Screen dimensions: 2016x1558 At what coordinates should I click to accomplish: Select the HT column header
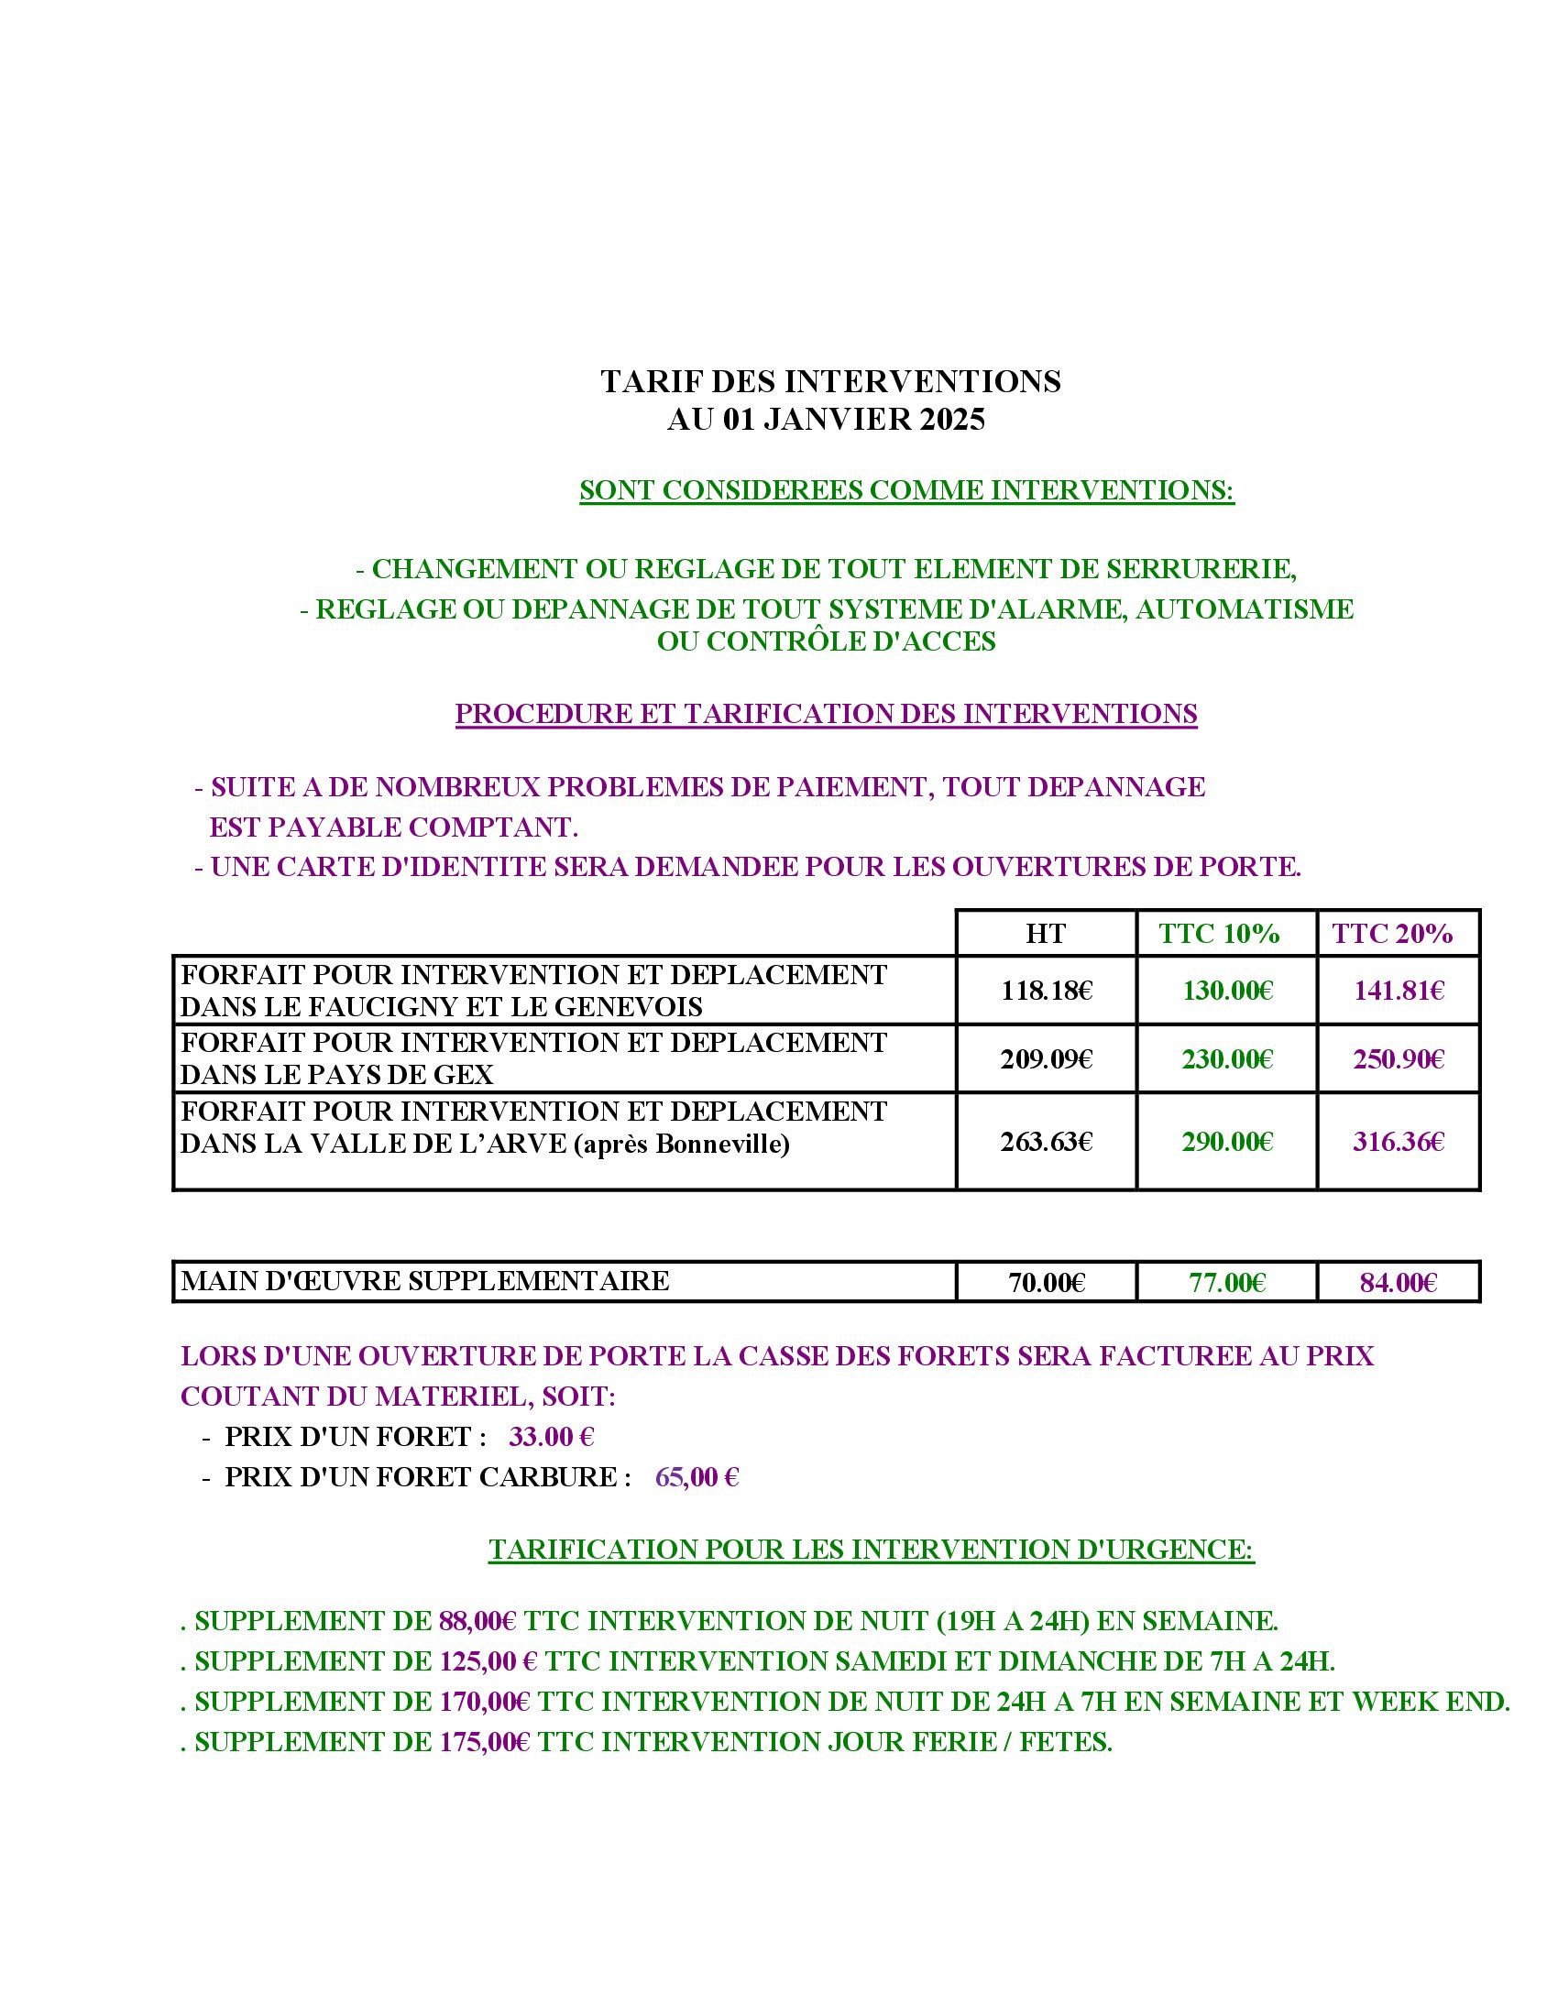click(1045, 933)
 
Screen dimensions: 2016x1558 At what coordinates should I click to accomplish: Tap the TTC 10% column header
click(1219, 933)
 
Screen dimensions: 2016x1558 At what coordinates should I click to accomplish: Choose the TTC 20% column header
click(1392, 933)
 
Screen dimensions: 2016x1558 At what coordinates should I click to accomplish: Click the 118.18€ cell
click(1046, 992)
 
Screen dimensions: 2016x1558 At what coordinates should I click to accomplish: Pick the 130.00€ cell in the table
click(1226, 992)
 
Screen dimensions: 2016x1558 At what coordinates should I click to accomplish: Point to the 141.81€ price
click(1399, 992)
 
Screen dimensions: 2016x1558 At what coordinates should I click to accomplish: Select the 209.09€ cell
click(1046, 1058)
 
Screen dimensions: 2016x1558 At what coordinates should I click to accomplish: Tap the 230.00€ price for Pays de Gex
click(1226, 1058)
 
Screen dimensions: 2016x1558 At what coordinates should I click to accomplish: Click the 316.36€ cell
click(1399, 1142)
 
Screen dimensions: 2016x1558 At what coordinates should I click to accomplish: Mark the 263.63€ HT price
click(1046, 1142)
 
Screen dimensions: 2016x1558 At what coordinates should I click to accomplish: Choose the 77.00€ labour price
click(1226, 1282)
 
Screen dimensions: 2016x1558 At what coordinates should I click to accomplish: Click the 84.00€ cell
click(1399, 1282)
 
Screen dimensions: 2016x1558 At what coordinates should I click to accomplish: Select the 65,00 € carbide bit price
click(697, 1478)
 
